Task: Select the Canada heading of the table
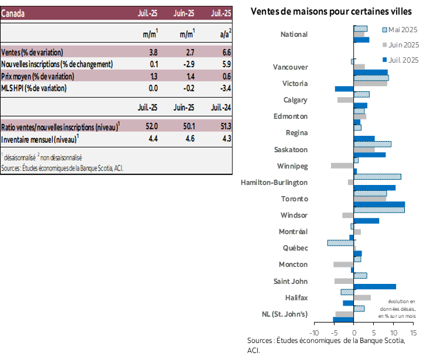click(x=13, y=13)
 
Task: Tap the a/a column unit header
click(x=224, y=35)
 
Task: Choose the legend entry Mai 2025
click(x=400, y=29)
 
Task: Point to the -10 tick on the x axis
click(x=315, y=333)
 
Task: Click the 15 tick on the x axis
click(x=413, y=333)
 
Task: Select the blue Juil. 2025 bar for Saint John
click(x=375, y=287)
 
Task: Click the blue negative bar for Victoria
click(x=344, y=89)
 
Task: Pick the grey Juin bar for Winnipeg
click(x=342, y=166)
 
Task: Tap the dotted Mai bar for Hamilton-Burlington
click(x=377, y=176)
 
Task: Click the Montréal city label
click(x=293, y=232)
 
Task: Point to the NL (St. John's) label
click(x=285, y=314)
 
